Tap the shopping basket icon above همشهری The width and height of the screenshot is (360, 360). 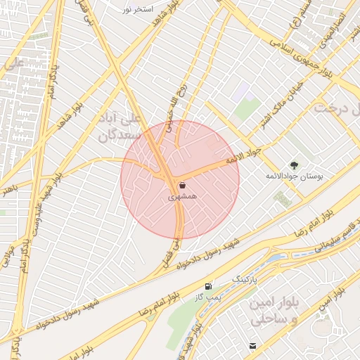[182, 186]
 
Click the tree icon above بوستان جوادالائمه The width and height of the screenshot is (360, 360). [294, 164]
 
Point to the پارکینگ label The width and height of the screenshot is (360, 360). [246, 279]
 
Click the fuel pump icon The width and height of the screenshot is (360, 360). [207, 287]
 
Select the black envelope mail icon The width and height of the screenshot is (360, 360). [252, 345]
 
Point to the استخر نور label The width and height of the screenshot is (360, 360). [137, 11]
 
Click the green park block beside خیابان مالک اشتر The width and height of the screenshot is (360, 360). [247, 110]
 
